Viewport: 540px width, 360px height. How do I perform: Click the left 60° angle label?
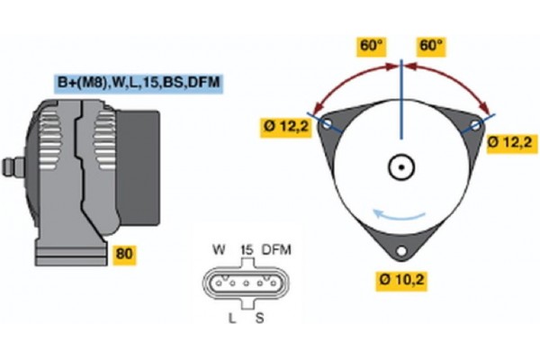click(371, 47)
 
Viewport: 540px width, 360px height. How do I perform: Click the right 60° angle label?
click(431, 47)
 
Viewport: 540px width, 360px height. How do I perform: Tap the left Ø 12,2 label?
click(286, 128)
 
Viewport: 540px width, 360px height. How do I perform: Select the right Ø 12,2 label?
click(512, 143)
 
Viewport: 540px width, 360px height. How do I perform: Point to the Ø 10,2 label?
click(401, 281)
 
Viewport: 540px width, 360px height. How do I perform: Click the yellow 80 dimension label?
click(124, 254)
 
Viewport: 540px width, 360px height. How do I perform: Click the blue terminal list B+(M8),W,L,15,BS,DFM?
click(139, 83)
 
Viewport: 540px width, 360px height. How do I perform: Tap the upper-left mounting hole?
click(326, 123)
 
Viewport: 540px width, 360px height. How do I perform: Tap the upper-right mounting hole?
click(475, 125)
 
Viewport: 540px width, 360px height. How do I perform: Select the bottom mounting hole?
click(401, 251)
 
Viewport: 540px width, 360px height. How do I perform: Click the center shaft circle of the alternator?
click(401, 167)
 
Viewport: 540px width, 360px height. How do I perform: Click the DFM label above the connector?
click(276, 250)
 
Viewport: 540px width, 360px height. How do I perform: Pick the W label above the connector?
click(219, 249)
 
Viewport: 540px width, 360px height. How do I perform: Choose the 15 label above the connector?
click(247, 250)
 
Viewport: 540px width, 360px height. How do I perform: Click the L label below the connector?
click(232, 319)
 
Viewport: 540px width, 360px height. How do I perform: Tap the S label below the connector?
click(260, 319)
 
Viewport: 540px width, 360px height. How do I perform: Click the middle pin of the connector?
click(246, 283)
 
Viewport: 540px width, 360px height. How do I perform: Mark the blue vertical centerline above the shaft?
click(401, 99)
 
